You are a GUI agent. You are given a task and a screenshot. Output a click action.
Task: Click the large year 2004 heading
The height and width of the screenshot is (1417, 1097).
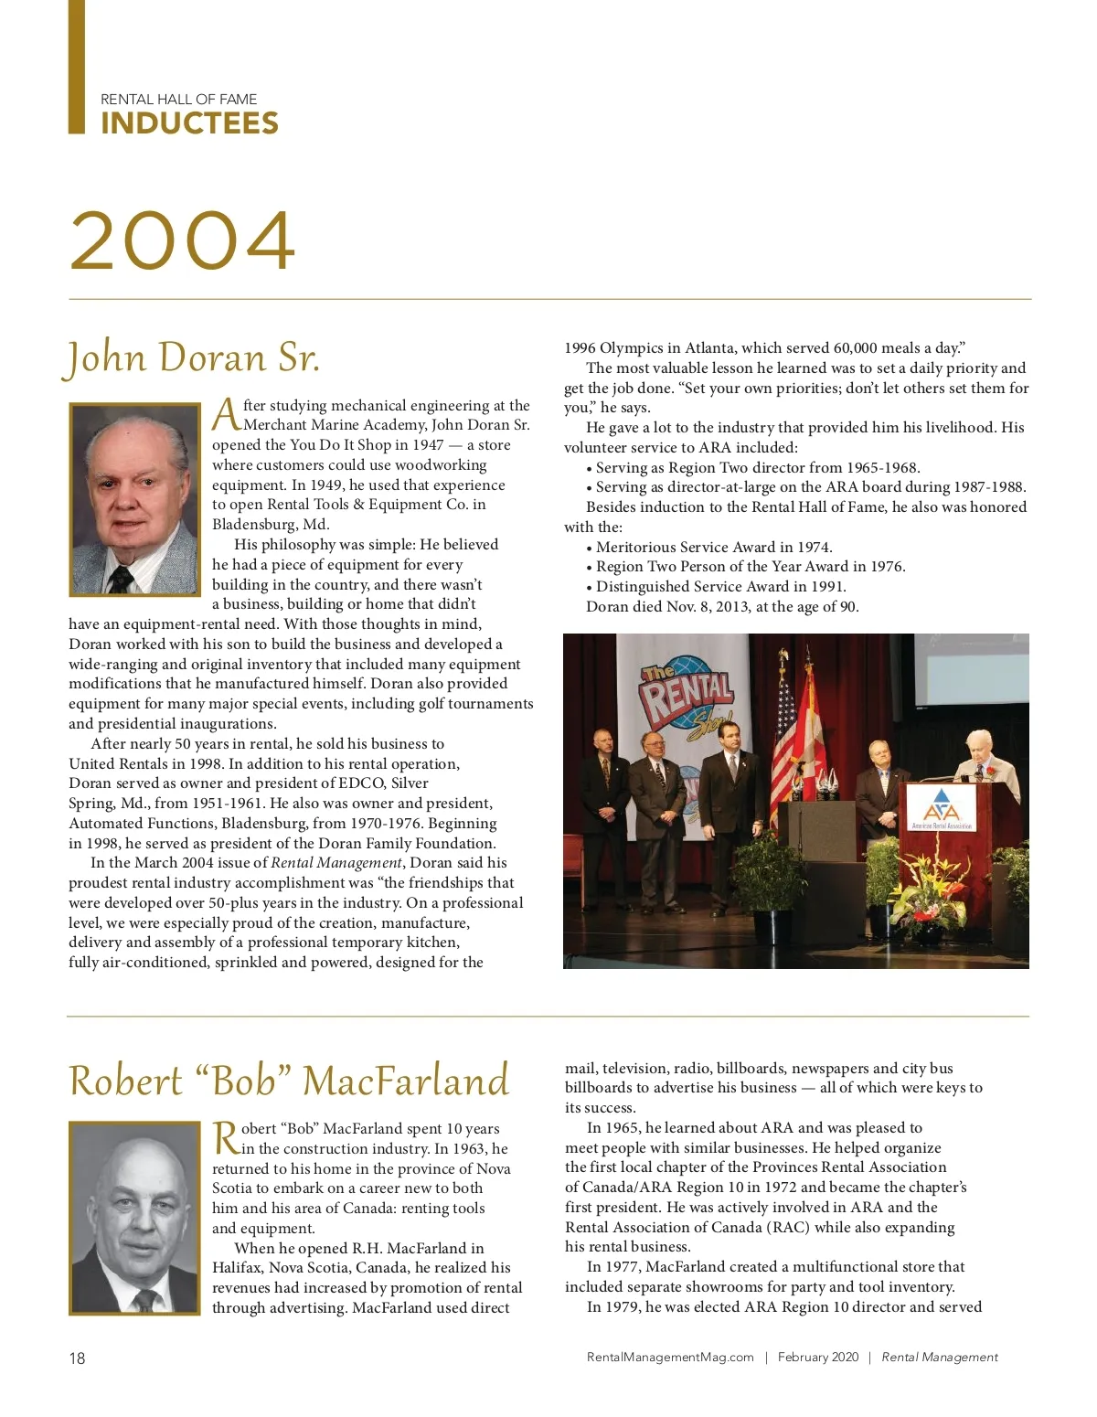(x=183, y=240)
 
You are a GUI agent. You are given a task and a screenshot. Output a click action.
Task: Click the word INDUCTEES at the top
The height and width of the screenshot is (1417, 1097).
(x=189, y=123)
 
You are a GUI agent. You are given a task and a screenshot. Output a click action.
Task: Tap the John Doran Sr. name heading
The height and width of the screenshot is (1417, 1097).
(x=193, y=357)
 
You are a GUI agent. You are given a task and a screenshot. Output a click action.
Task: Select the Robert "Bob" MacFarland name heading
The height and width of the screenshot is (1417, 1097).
(x=289, y=1081)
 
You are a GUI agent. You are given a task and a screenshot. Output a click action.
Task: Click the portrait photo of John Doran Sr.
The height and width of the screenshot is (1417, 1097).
(x=134, y=499)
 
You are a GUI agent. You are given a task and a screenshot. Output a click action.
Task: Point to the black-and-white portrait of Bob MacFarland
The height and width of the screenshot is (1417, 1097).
(x=134, y=1218)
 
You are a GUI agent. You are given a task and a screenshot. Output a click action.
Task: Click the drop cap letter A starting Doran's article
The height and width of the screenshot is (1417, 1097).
(x=226, y=416)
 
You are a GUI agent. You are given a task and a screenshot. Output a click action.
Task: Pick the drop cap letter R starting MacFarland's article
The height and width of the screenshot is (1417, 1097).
(x=226, y=1139)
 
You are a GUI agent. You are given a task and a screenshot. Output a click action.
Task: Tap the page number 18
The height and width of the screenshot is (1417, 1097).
(x=77, y=1358)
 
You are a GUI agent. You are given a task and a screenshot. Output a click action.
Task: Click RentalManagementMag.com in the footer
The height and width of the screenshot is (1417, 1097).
(x=670, y=1358)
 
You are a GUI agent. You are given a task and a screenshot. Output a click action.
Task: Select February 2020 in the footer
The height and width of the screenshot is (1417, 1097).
(x=818, y=1358)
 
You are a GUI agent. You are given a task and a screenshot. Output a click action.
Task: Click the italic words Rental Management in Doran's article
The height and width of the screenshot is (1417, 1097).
(x=336, y=863)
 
